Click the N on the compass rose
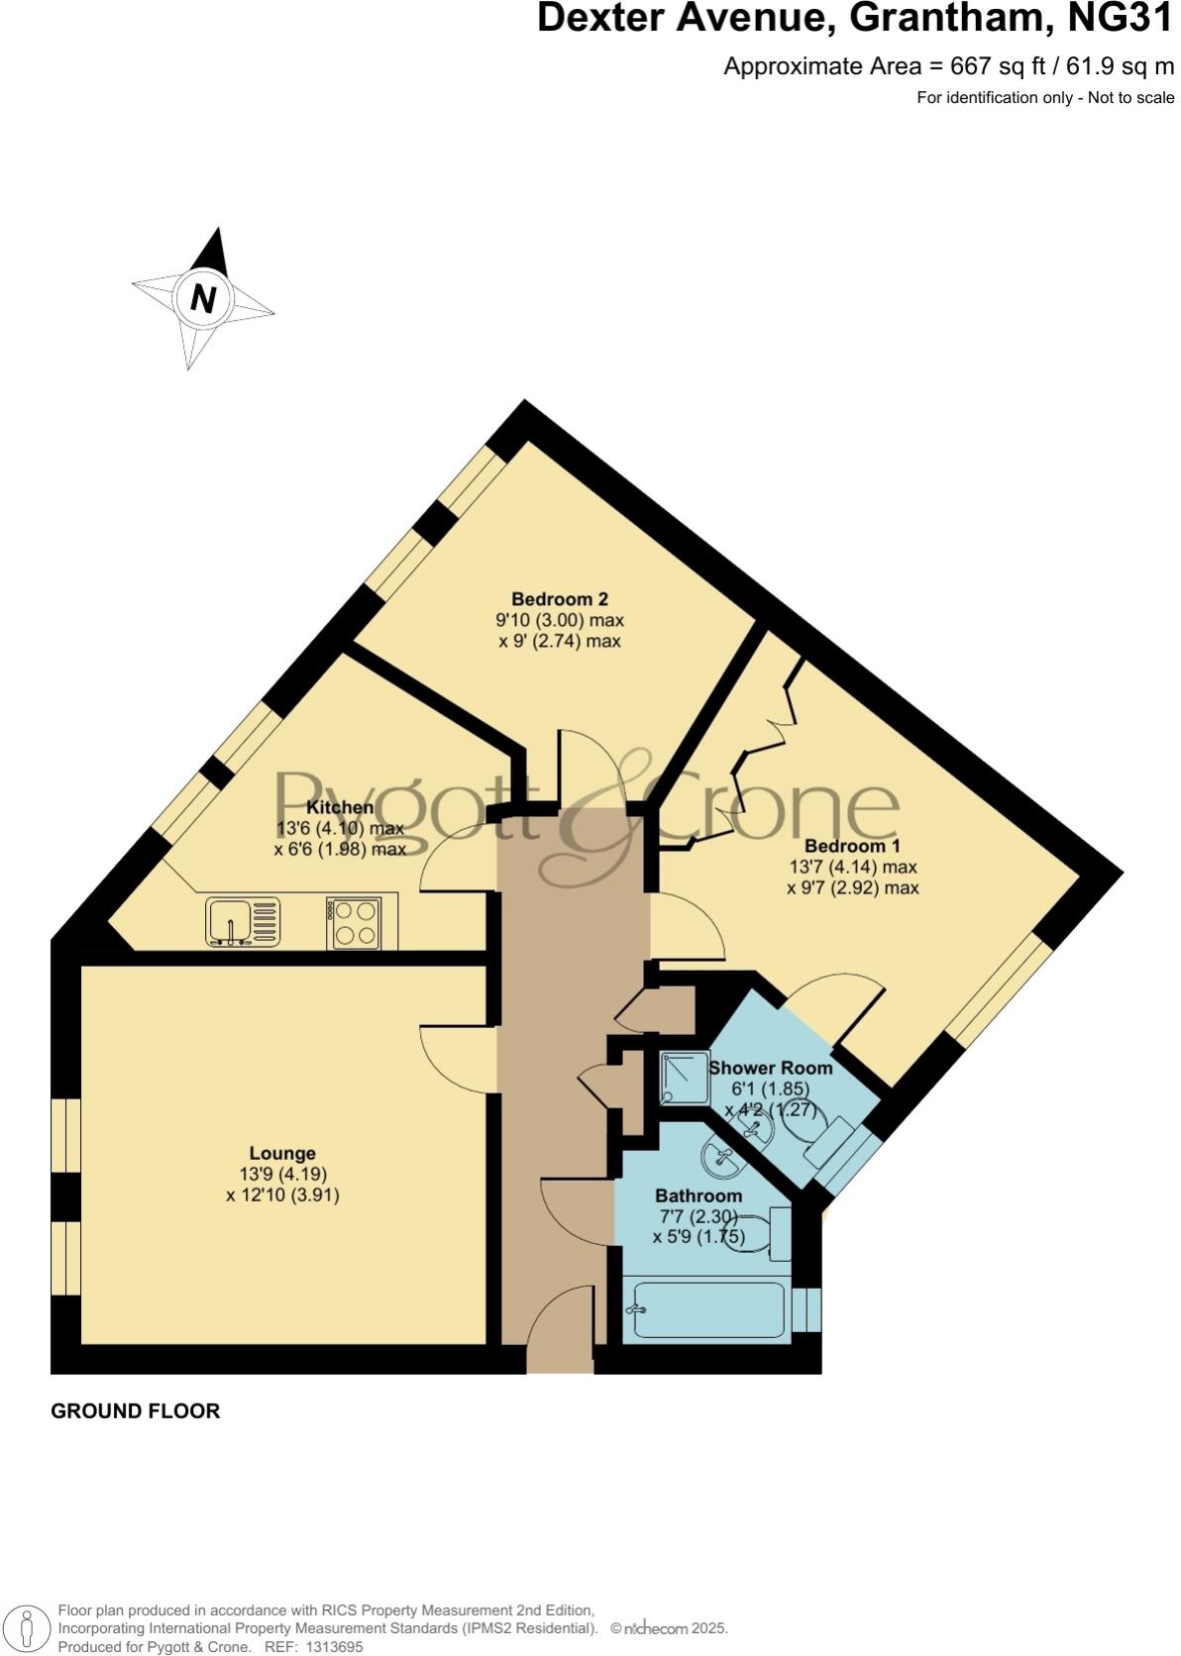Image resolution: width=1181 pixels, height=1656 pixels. click(x=203, y=298)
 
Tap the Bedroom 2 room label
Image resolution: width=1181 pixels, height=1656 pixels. click(x=559, y=599)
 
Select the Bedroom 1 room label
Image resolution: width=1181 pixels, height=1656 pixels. click(x=852, y=847)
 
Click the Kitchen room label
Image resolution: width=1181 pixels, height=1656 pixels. click(x=340, y=807)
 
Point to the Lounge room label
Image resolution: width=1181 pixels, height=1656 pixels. click(x=282, y=1153)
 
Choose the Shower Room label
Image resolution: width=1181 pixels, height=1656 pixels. click(x=770, y=1068)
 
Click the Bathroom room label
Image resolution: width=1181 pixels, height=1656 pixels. click(x=698, y=1195)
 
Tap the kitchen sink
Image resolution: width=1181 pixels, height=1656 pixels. click(x=243, y=921)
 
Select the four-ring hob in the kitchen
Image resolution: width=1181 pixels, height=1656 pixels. click(x=354, y=922)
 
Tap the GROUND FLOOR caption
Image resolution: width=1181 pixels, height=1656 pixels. click(x=136, y=1411)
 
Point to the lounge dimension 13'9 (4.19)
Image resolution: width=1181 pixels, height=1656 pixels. click(x=282, y=1175)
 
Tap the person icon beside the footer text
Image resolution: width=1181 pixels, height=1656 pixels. click(x=29, y=1627)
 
